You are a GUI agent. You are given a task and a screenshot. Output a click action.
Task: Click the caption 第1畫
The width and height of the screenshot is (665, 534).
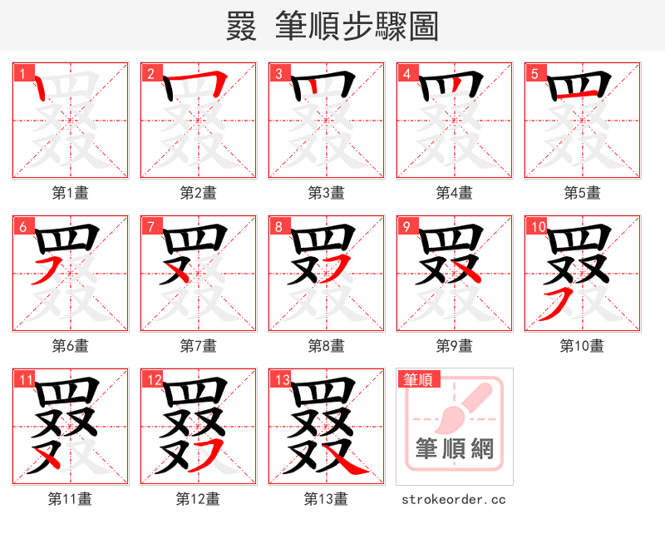pyautogui.click(x=71, y=193)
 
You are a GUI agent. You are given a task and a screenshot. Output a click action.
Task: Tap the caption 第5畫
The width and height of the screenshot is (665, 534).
pyautogui.click(x=582, y=193)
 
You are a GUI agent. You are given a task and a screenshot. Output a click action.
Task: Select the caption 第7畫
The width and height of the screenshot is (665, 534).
pyautogui.click(x=199, y=345)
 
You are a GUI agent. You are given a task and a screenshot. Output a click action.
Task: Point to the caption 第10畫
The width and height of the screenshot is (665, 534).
pyautogui.click(x=582, y=345)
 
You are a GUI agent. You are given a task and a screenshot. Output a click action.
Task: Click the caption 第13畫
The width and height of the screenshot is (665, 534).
pyautogui.click(x=326, y=499)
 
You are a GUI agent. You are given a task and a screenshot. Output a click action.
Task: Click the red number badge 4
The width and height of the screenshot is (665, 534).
pyautogui.click(x=406, y=73)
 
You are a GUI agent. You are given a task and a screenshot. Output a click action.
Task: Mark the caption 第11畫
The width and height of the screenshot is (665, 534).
pyautogui.click(x=71, y=499)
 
